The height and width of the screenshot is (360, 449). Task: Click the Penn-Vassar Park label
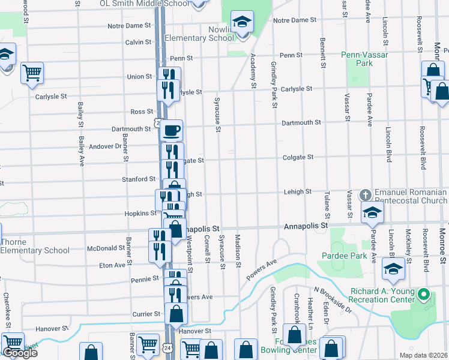click(x=364, y=58)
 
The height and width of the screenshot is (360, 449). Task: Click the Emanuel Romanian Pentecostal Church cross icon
click(x=365, y=195)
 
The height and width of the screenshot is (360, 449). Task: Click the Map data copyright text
click(x=423, y=355)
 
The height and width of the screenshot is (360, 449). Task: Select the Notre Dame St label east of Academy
click(x=295, y=20)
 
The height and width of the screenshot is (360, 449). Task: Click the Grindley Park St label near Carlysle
click(x=274, y=85)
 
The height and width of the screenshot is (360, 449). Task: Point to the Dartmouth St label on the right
click(x=302, y=122)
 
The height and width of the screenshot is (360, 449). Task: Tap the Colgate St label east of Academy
click(x=299, y=157)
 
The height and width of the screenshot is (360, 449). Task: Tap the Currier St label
click(x=146, y=314)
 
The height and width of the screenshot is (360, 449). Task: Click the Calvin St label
click(x=138, y=42)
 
